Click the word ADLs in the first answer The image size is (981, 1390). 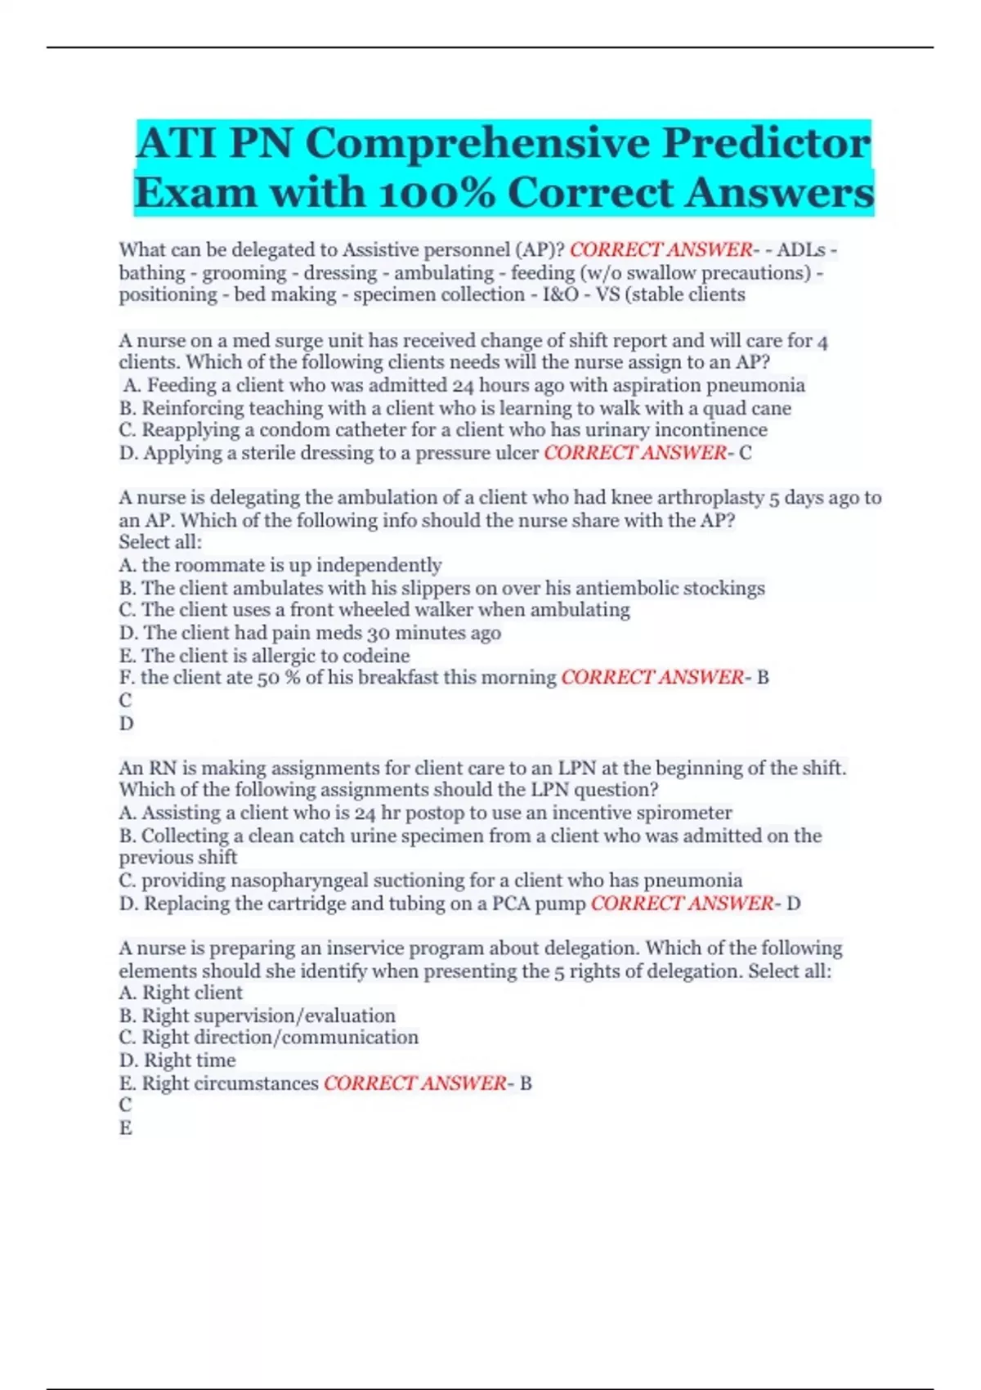tap(800, 249)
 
